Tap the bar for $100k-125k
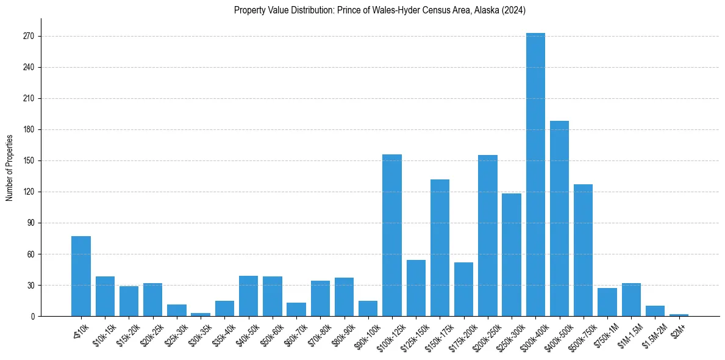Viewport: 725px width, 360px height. pos(392,236)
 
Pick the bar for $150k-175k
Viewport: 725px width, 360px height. pos(440,248)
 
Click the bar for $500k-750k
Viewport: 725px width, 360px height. pos(583,250)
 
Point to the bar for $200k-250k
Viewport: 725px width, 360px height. pos(488,236)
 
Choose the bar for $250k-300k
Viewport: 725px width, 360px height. pos(512,255)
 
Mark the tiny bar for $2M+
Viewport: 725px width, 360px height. pos(679,315)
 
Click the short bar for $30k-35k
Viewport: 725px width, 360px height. pos(201,314)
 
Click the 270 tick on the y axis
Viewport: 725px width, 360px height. pos(29,37)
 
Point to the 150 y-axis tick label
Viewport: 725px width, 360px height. pos(29,161)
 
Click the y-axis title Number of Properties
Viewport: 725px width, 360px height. pos(9,167)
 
